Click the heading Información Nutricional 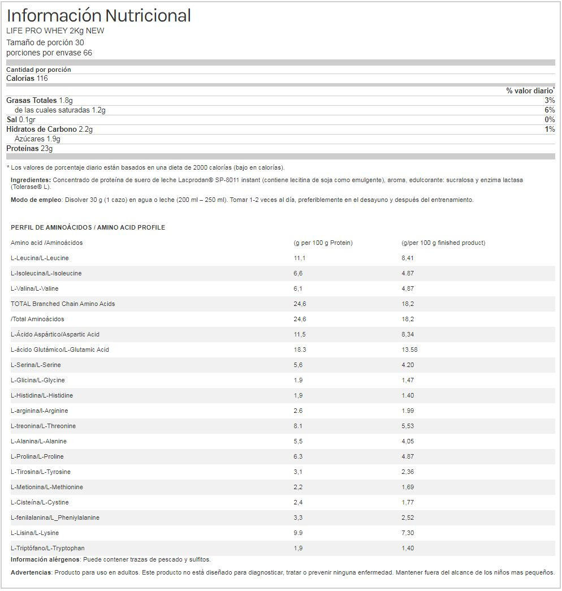point(98,16)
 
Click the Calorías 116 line point(27,79)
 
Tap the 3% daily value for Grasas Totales point(550,100)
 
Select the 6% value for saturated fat point(550,110)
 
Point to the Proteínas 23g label point(29,149)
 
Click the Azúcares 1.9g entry point(37,139)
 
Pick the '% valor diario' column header point(530,90)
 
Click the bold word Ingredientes point(31,180)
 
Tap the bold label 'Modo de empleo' point(37,200)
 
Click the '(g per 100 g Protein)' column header point(323,243)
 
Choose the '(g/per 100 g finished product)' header point(443,243)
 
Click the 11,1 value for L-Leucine point(300,258)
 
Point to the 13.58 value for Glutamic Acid point(409,350)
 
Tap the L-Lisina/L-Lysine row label point(34,533)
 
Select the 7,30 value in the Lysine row point(408,533)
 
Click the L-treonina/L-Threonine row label point(43,426)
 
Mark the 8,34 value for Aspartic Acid point(408,334)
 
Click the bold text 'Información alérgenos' point(45,559)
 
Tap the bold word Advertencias point(31,572)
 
